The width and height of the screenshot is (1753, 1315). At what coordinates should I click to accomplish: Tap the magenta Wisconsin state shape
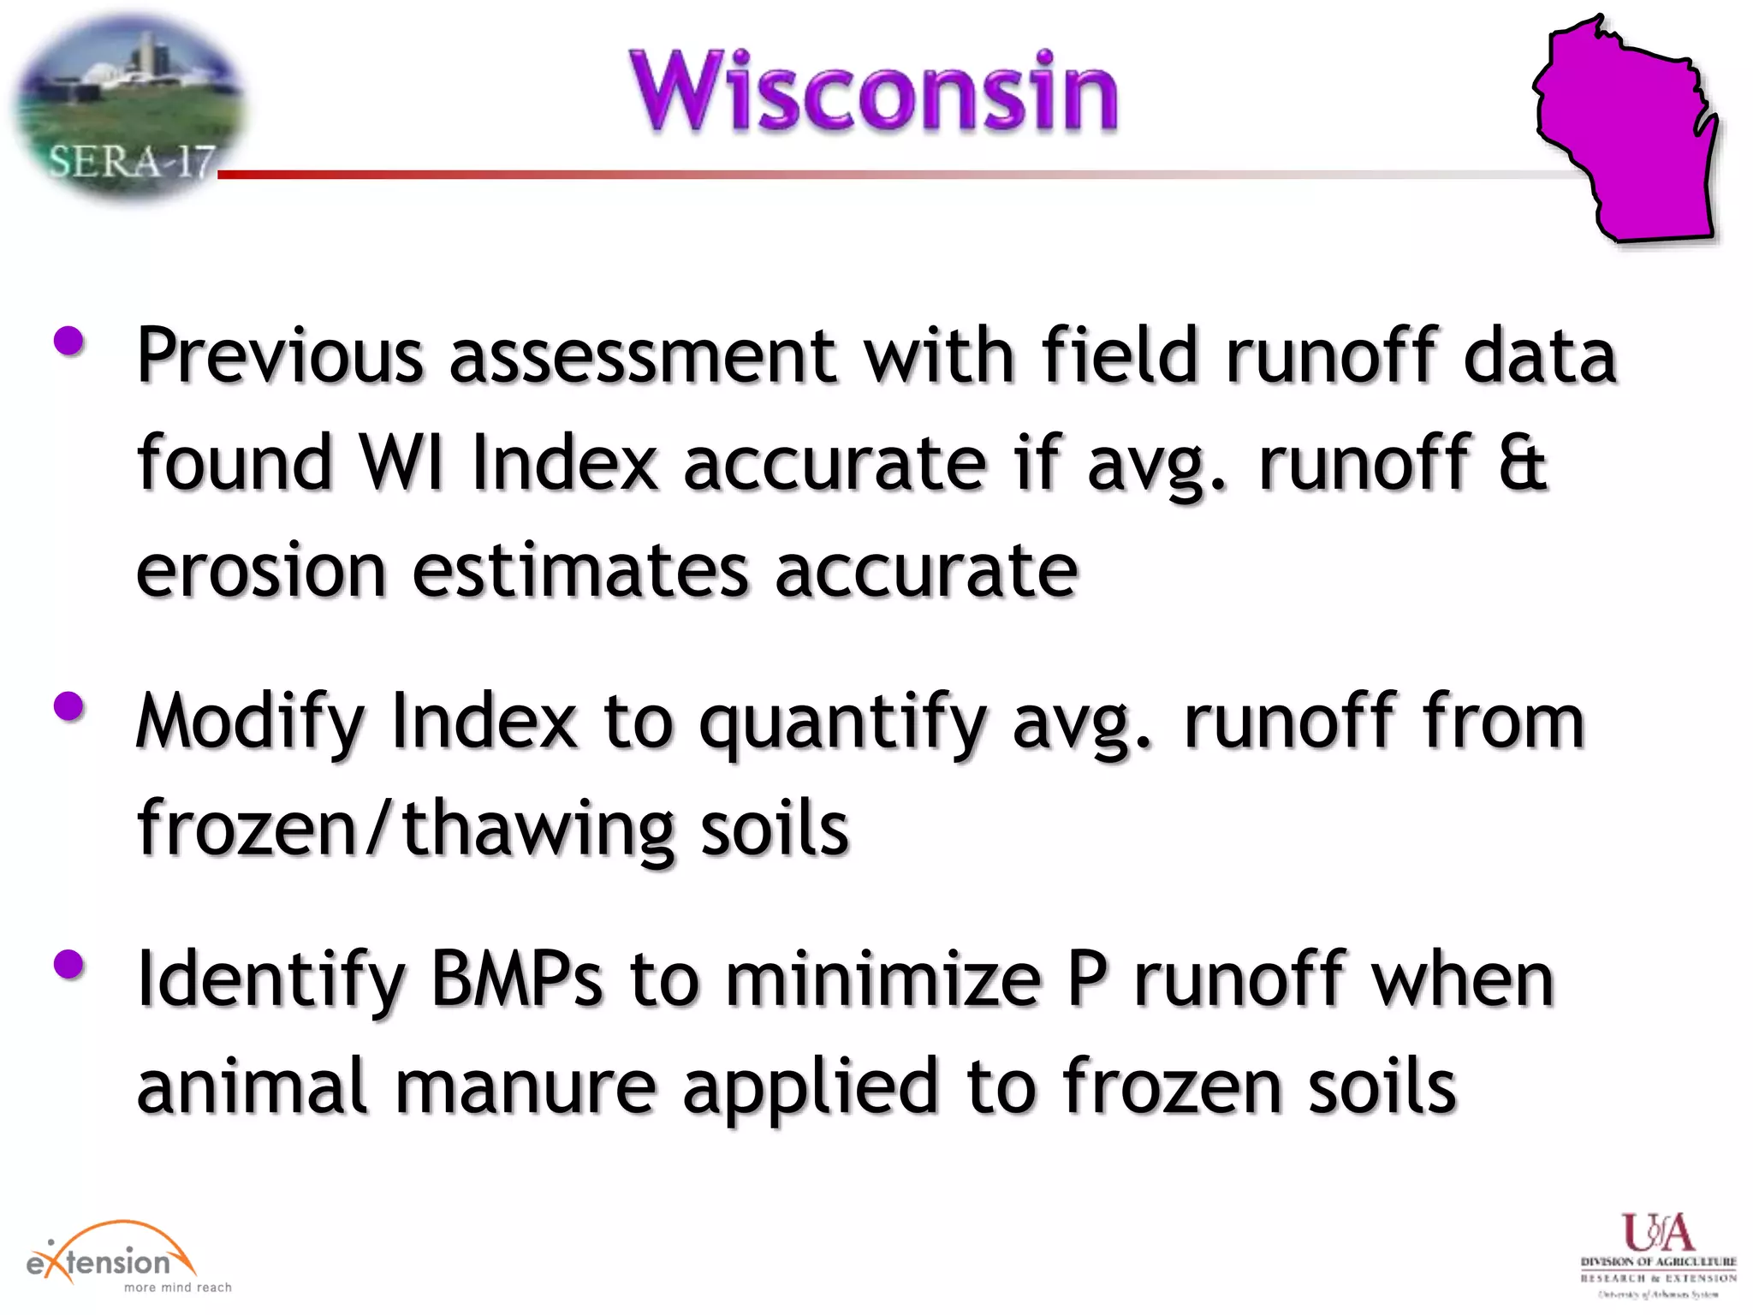(1626, 137)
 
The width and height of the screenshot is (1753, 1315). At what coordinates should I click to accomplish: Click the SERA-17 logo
(128, 107)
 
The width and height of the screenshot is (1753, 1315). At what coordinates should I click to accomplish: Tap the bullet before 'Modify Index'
(68, 707)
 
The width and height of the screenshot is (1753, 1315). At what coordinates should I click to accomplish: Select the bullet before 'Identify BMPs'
(68, 965)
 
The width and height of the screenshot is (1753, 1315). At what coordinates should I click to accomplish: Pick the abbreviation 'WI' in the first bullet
(401, 462)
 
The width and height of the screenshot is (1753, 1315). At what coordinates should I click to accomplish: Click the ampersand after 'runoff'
(1523, 462)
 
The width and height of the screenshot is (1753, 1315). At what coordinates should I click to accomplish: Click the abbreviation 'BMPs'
(516, 979)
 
